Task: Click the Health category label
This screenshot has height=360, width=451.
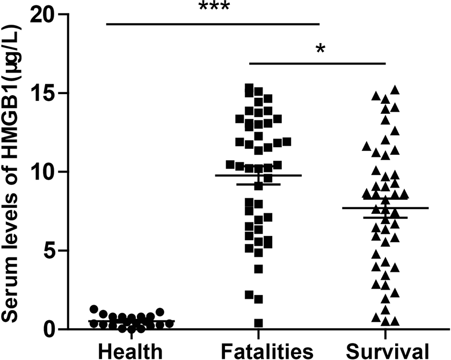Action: [x=131, y=351]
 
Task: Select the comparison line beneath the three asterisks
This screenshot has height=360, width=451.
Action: [x=213, y=24]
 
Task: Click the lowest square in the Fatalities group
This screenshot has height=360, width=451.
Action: [x=258, y=323]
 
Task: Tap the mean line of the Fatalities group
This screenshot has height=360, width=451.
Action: [x=258, y=175]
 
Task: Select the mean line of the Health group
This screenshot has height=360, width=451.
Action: [x=131, y=321]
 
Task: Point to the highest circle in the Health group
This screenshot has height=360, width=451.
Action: [x=94, y=309]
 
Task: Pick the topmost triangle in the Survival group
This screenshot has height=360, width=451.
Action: [x=395, y=89]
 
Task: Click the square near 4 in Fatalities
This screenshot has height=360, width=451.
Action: [x=258, y=269]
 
